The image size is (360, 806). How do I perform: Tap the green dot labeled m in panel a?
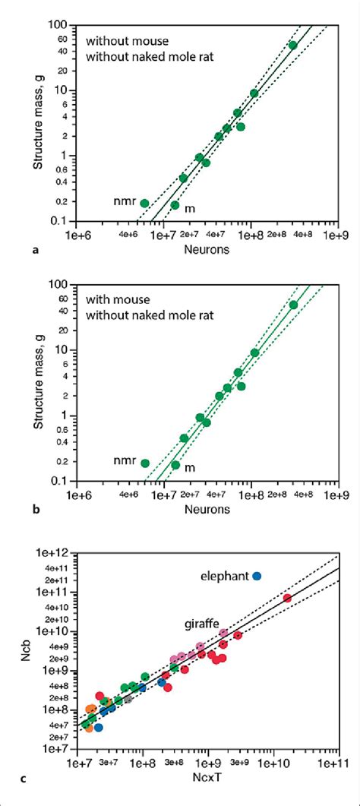click(x=175, y=205)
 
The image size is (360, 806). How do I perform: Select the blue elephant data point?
click(x=257, y=576)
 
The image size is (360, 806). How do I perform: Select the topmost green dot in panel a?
click(x=293, y=45)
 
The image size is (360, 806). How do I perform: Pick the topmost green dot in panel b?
click(x=293, y=305)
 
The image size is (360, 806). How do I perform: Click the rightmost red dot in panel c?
click(x=288, y=598)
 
